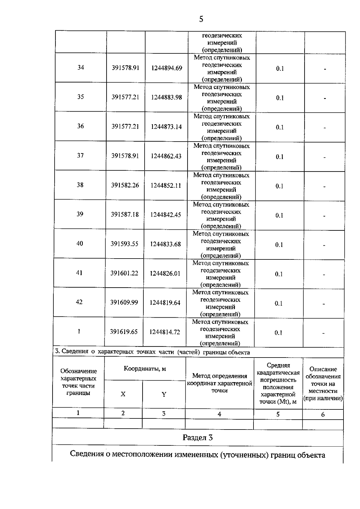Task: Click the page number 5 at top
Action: [201, 19]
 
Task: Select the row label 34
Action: [81, 67]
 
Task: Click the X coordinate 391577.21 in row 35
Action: [125, 97]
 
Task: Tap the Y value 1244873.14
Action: [166, 127]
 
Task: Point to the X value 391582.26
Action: [125, 185]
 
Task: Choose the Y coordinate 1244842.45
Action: [166, 215]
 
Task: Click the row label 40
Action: [79, 244]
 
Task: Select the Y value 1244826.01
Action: [165, 274]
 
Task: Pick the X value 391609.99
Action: [124, 302]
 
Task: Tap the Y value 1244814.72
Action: [165, 332]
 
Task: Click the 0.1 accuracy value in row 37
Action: [280, 157]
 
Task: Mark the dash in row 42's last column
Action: [324, 304]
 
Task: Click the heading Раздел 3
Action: [198, 438]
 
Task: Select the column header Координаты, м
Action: [145, 369]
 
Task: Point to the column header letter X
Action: [123, 394]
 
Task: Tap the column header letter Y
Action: [164, 394]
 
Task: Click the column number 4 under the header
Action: [219, 414]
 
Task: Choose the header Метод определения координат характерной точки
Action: [219, 383]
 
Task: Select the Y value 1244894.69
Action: [166, 68]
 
